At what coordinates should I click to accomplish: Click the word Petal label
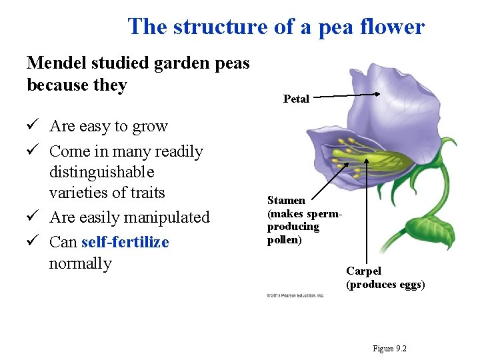click(296, 99)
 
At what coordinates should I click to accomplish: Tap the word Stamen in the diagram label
click(286, 200)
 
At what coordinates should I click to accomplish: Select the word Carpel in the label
click(363, 271)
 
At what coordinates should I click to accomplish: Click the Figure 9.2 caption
click(390, 349)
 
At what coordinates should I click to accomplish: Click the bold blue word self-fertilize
click(125, 241)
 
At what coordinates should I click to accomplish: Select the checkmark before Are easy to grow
click(33, 126)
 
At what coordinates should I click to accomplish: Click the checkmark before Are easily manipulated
click(33, 217)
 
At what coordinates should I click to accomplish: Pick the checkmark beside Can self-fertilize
click(33, 241)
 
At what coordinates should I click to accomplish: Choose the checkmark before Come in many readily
click(33, 151)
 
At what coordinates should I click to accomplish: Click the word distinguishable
click(102, 173)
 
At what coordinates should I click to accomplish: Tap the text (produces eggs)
click(385, 285)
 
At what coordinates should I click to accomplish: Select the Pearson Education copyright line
click(295, 295)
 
